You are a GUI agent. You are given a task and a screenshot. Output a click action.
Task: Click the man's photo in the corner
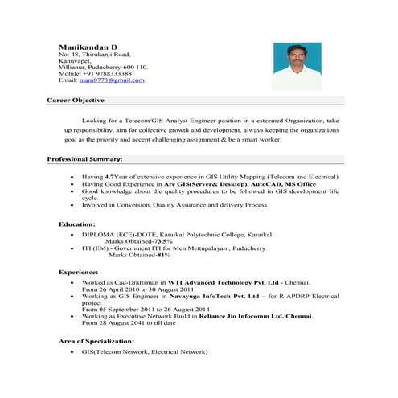(297, 66)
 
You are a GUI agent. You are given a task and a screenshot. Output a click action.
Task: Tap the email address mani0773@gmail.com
(115, 80)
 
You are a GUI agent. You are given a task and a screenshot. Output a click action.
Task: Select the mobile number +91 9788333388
(109, 73)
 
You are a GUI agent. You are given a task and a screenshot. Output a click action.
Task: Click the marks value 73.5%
(162, 241)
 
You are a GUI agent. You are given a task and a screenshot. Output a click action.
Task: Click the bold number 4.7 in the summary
(109, 176)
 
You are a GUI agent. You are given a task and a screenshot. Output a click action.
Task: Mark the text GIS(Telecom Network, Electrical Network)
(145, 352)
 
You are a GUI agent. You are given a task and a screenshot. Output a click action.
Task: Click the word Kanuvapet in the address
(77, 59)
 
